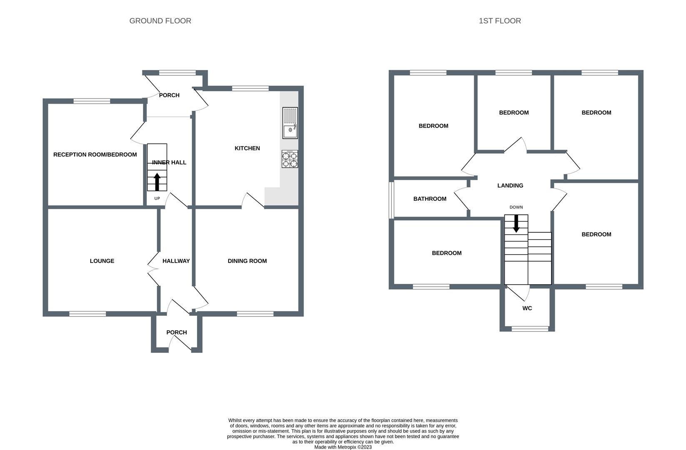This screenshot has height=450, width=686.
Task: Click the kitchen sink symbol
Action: (290, 123)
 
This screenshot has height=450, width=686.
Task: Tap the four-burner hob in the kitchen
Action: (290, 159)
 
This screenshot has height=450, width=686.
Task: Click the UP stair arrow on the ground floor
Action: (157, 182)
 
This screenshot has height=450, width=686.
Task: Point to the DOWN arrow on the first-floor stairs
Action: (516, 223)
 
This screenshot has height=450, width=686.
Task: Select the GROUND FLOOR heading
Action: (160, 21)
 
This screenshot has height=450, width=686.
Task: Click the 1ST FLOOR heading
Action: (499, 21)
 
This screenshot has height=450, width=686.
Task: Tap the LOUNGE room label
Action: (102, 261)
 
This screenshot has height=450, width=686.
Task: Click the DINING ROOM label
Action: (247, 261)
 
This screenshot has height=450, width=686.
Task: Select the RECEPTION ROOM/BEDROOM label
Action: (95, 155)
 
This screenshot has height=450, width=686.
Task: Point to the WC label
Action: (527, 308)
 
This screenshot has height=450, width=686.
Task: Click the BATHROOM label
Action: (429, 199)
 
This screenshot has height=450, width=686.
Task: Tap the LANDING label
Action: (510, 185)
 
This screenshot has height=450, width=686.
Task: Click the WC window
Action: (530, 329)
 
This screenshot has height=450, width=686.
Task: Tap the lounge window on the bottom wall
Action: (87, 314)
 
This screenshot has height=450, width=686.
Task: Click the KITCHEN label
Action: (247, 148)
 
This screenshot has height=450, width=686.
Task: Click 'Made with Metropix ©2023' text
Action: (343, 447)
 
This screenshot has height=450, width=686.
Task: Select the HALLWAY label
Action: (176, 261)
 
